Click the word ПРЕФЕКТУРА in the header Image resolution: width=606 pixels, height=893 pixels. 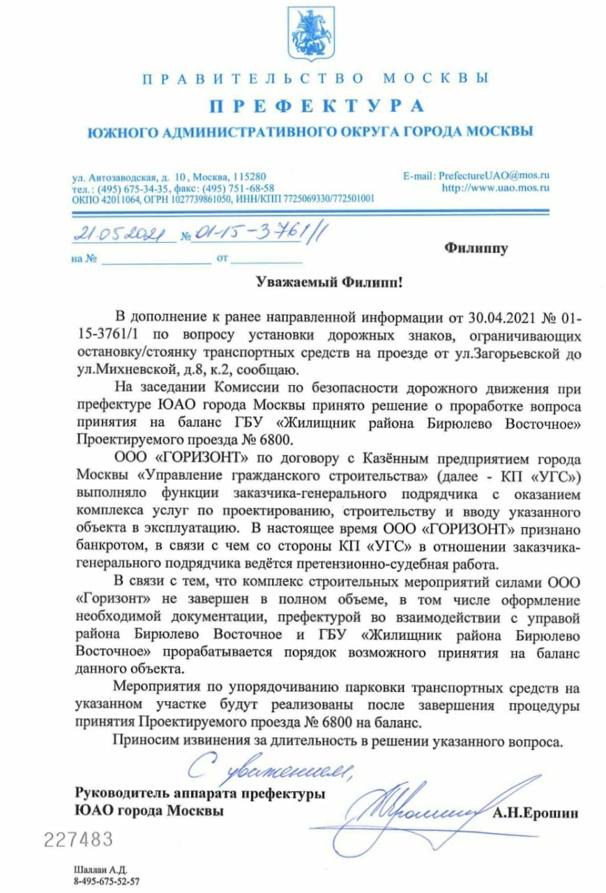click(317, 106)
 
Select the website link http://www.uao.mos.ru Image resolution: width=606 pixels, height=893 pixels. click(496, 187)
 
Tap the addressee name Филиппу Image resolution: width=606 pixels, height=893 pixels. click(476, 248)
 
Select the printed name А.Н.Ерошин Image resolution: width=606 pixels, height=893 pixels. click(536, 813)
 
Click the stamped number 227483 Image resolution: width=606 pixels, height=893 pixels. click(78, 839)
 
